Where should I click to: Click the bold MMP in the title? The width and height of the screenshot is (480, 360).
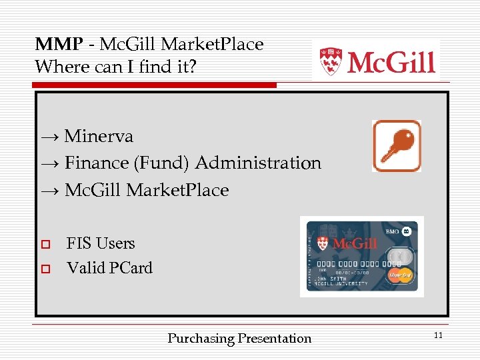coord(59,45)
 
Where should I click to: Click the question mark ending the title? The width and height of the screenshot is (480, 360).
coord(193,67)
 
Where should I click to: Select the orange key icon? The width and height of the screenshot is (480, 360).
coord(397,146)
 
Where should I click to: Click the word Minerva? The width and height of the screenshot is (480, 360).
coord(99,137)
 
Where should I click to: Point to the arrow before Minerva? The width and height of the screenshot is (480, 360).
coord(50,137)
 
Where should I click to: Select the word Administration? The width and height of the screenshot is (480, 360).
coord(258,163)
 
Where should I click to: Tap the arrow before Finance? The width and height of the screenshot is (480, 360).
coord(50,164)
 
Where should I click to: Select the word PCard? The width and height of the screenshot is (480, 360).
coord(131,268)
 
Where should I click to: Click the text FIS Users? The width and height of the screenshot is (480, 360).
coord(101,243)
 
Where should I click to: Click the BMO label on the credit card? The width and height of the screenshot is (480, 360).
coord(394,231)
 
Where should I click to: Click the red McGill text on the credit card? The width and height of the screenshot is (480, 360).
coord(355,243)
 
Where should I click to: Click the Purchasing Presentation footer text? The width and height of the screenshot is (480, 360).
coord(239,339)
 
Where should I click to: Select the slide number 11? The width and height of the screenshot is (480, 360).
coord(438,335)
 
